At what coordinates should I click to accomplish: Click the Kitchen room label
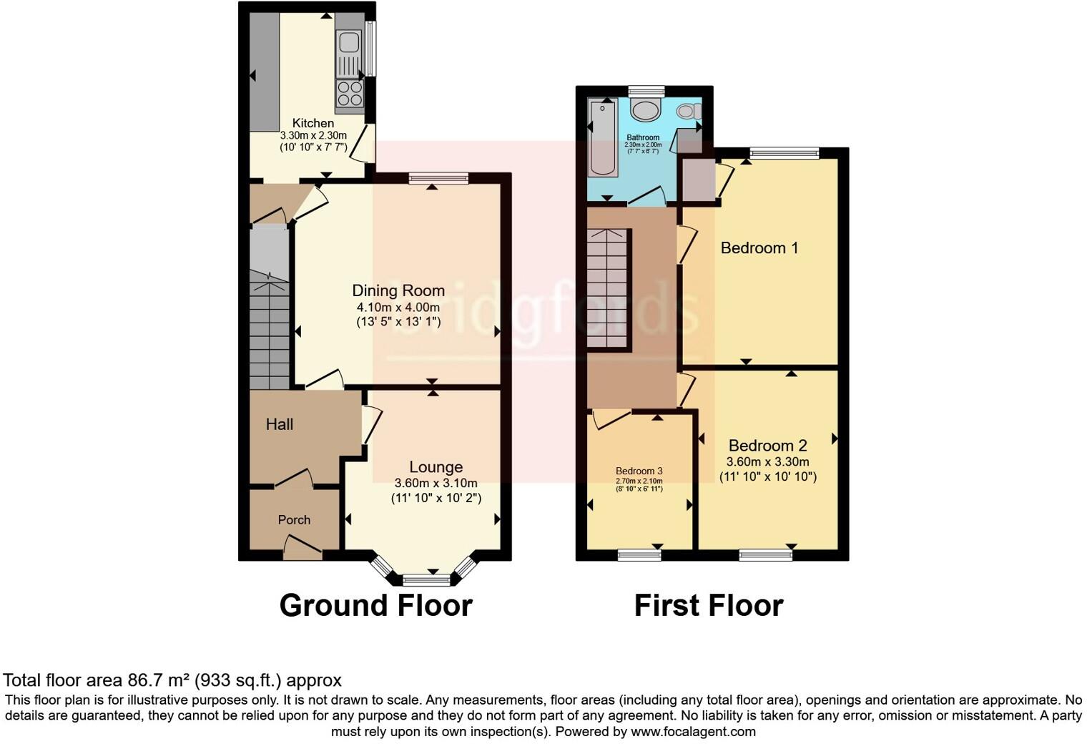pos(313,123)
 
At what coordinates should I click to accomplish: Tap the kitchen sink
pos(348,43)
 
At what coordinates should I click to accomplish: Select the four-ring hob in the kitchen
pos(350,94)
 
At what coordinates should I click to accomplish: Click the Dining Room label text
pos(398,290)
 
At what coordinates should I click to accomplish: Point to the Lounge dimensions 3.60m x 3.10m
pos(436,483)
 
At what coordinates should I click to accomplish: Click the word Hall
pos(280,424)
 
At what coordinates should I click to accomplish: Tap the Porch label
pos(294,520)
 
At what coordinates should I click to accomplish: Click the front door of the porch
pos(303,549)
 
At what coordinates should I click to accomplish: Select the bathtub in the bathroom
pos(602,138)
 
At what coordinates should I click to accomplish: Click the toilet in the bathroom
pos(688,111)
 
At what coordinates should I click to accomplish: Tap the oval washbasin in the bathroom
pos(646,112)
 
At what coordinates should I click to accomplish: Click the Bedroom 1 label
pos(759,248)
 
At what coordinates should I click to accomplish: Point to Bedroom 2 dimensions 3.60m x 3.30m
pos(767,462)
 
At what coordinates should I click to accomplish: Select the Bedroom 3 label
pos(639,471)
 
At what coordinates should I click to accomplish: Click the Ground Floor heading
pos(375,605)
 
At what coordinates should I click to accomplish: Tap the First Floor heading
pos(708,605)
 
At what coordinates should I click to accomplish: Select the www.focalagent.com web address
pos(693,732)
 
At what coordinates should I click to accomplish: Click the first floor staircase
pos(607,288)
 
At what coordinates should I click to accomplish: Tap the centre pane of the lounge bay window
pos(426,579)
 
